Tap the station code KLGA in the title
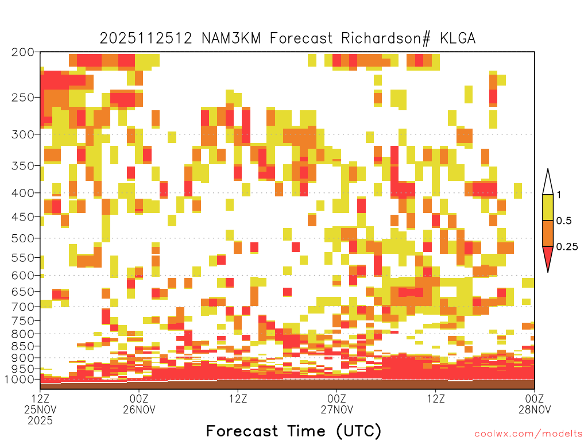[x=458, y=38]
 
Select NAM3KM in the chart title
[x=231, y=38]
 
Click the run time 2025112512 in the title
[x=146, y=38]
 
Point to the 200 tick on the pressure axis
[x=22, y=52]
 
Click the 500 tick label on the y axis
[x=22, y=238]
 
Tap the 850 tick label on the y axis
[x=22, y=346]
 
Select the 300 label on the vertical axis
[x=22, y=134]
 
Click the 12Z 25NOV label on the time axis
[x=40, y=404]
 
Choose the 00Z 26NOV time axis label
[x=139, y=404]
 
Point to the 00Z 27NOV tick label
[x=336, y=404]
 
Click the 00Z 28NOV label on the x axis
[x=535, y=404]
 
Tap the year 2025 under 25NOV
[x=40, y=421]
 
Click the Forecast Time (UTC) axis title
[x=293, y=431]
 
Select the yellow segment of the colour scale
[x=548, y=207]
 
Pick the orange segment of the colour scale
[x=548, y=233]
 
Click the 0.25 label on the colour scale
[x=567, y=246]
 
